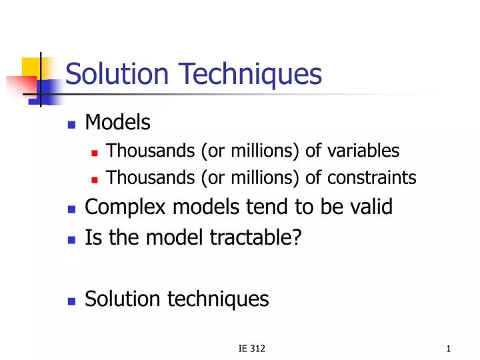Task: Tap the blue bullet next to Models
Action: click(x=73, y=124)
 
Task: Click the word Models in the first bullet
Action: click(x=118, y=123)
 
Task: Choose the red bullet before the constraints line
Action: click(x=95, y=179)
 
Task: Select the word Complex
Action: click(x=126, y=208)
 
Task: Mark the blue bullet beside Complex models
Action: click(x=73, y=209)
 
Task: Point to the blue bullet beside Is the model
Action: click(x=73, y=237)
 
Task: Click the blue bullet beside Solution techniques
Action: click(x=73, y=301)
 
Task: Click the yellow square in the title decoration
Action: click(x=33, y=69)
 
